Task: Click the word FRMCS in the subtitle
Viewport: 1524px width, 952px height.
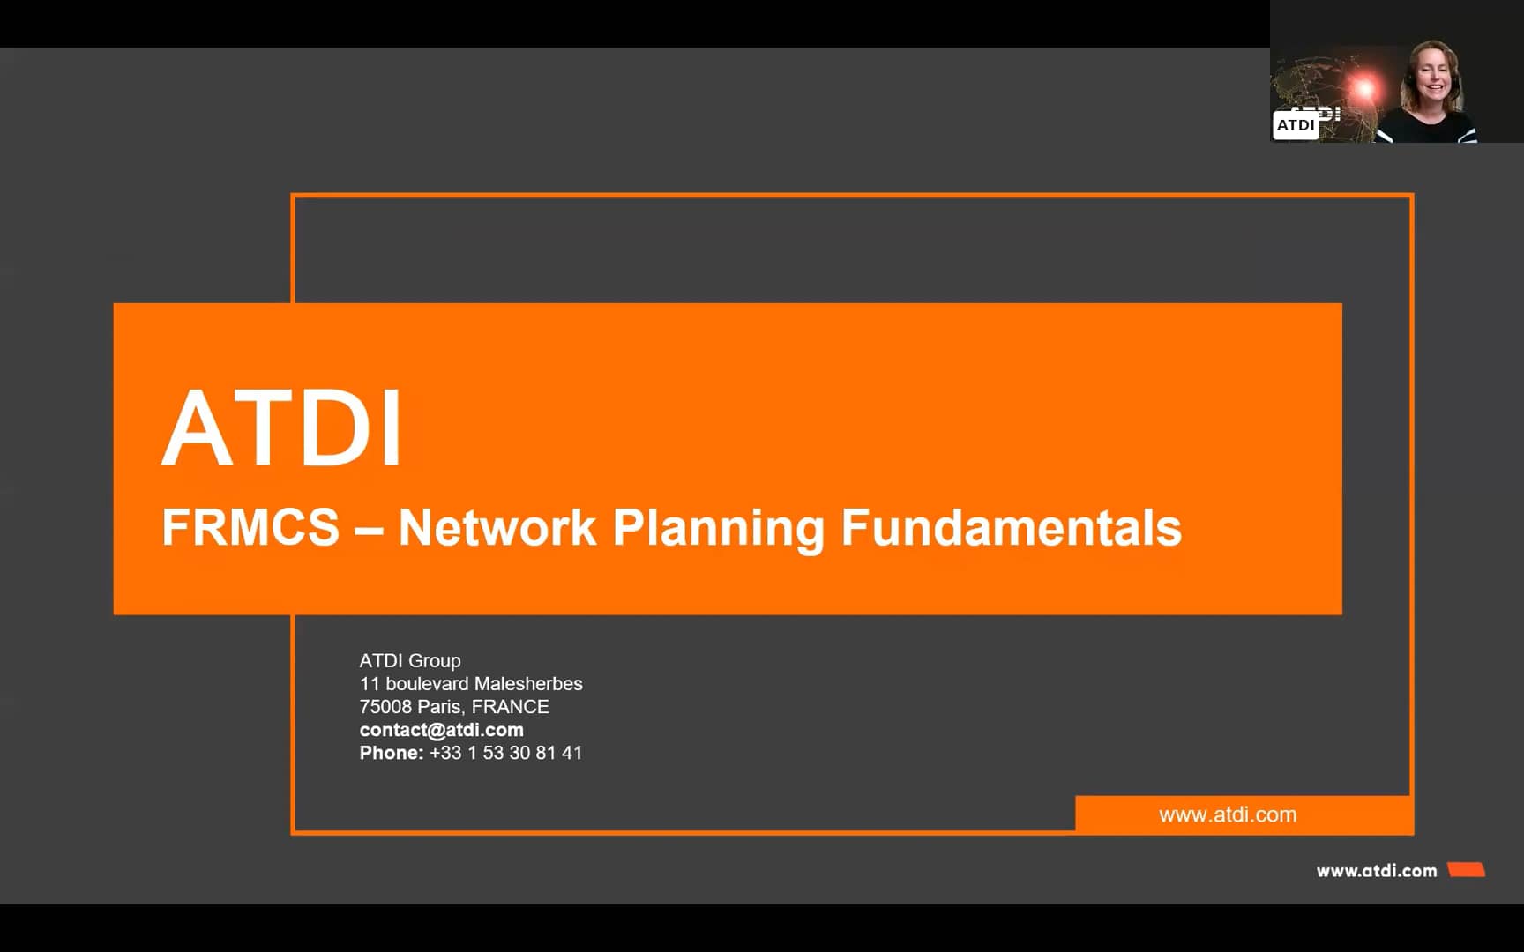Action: [x=250, y=528]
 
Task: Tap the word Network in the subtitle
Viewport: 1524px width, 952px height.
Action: [x=497, y=528]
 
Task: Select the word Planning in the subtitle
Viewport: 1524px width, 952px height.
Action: [x=718, y=528]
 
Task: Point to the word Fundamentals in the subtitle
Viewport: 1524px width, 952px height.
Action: [x=1011, y=528]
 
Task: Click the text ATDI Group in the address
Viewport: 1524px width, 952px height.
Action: [x=410, y=660]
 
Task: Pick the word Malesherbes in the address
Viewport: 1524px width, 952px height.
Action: [x=528, y=683]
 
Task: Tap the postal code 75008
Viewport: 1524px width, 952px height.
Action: [x=385, y=706]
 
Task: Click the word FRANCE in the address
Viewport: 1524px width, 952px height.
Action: [x=510, y=706]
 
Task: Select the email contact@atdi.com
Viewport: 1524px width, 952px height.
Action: [x=441, y=730]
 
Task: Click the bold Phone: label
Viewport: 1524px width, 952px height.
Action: [x=391, y=753]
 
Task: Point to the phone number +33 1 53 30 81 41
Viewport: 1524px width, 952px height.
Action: [x=505, y=753]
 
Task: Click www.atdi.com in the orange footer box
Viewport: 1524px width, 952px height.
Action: [x=1228, y=814]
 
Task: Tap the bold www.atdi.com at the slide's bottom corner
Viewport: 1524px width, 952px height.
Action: [x=1377, y=871]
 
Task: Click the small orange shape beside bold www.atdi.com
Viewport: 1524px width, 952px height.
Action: [x=1467, y=870]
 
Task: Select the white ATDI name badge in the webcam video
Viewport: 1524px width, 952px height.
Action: [x=1296, y=125]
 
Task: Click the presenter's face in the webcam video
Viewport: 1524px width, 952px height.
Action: [x=1432, y=79]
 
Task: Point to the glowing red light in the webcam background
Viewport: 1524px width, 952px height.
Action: [x=1364, y=87]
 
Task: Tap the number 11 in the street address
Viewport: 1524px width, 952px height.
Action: [x=370, y=683]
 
